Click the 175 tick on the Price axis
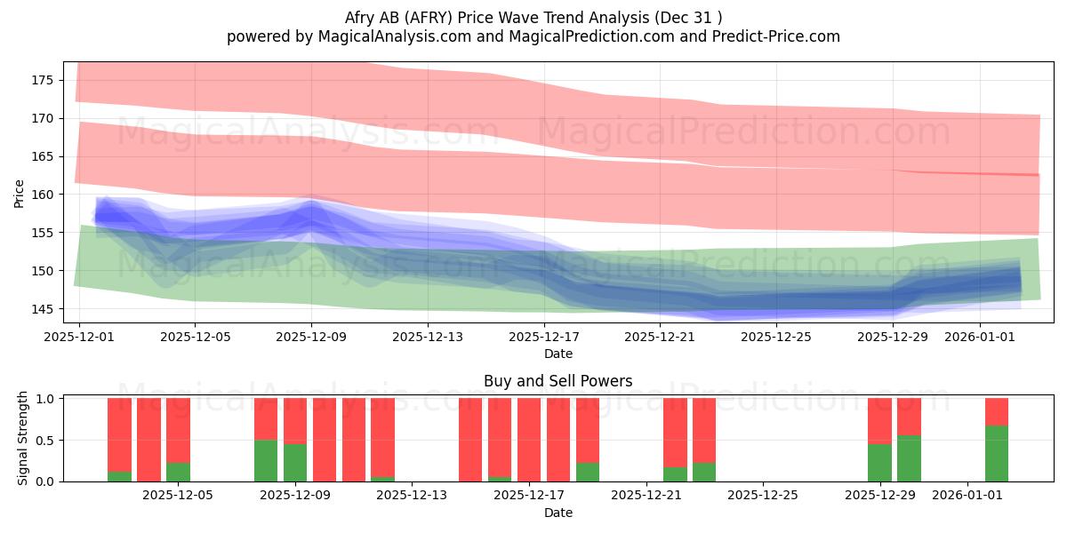pyautogui.click(x=42, y=81)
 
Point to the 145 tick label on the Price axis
pyautogui.click(x=42, y=309)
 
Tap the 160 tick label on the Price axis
pyautogui.click(x=42, y=195)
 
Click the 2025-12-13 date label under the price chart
pyautogui.click(x=428, y=337)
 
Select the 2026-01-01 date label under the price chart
pyautogui.click(x=980, y=337)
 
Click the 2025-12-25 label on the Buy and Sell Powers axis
pyautogui.click(x=763, y=496)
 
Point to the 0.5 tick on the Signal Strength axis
pyautogui.click(x=45, y=441)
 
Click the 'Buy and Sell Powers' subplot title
pyautogui.click(x=558, y=381)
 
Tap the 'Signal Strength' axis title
pyautogui.click(x=22, y=438)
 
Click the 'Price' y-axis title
pyautogui.click(x=19, y=194)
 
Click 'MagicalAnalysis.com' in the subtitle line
pyautogui.click(x=395, y=36)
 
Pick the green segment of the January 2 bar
pyautogui.click(x=997, y=454)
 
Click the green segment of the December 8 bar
pyautogui.click(x=266, y=461)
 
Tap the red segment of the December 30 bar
pyautogui.click(x=909, y=417)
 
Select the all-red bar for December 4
pyautogui.click(x=149, y=440)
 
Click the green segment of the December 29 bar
pyautogui.click(x=879, y=463)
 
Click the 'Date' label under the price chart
pyautogui.click(x=558, y=354)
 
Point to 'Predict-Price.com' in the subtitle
pyautogui.click(x=776, y=36)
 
